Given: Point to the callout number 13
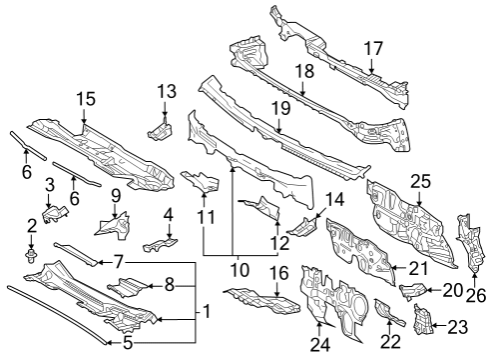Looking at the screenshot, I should pyautogui.click(x=165, y=93).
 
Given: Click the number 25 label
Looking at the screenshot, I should pyautogui.click(x=420, y=180).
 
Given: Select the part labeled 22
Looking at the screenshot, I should pyautogui.click(x=384, y=313).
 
